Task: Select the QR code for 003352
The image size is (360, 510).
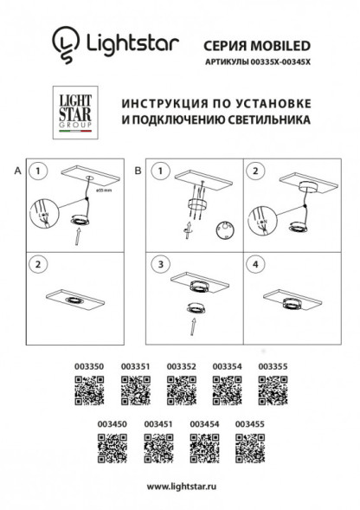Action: tap(180, 394)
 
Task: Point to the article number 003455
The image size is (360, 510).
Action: tap(250, 423)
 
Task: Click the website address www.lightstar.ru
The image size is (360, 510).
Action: tap(180, 487)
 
